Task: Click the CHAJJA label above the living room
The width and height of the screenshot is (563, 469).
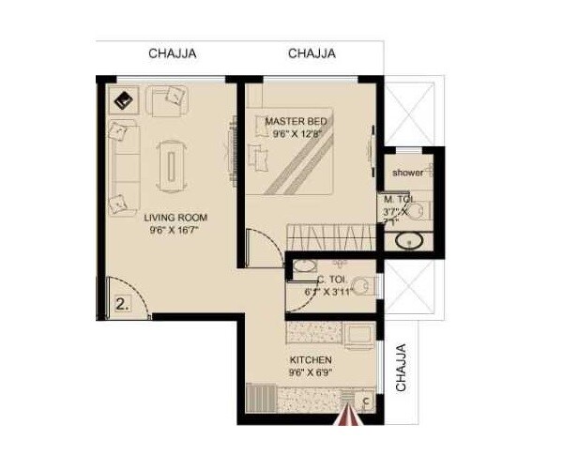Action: coord(173,53)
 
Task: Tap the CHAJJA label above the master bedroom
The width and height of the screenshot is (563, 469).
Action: coord(312,53)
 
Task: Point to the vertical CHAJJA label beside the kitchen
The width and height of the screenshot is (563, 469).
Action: coord(401,368)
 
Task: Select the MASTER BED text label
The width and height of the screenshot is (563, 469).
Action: coord(296,122)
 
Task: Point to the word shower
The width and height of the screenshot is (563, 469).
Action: coord(408,173)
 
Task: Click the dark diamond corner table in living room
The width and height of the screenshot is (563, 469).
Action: coord(123,97)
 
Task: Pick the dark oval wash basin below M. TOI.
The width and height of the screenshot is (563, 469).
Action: coord(408,243)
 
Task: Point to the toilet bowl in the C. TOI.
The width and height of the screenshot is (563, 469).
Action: coord(372,286)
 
